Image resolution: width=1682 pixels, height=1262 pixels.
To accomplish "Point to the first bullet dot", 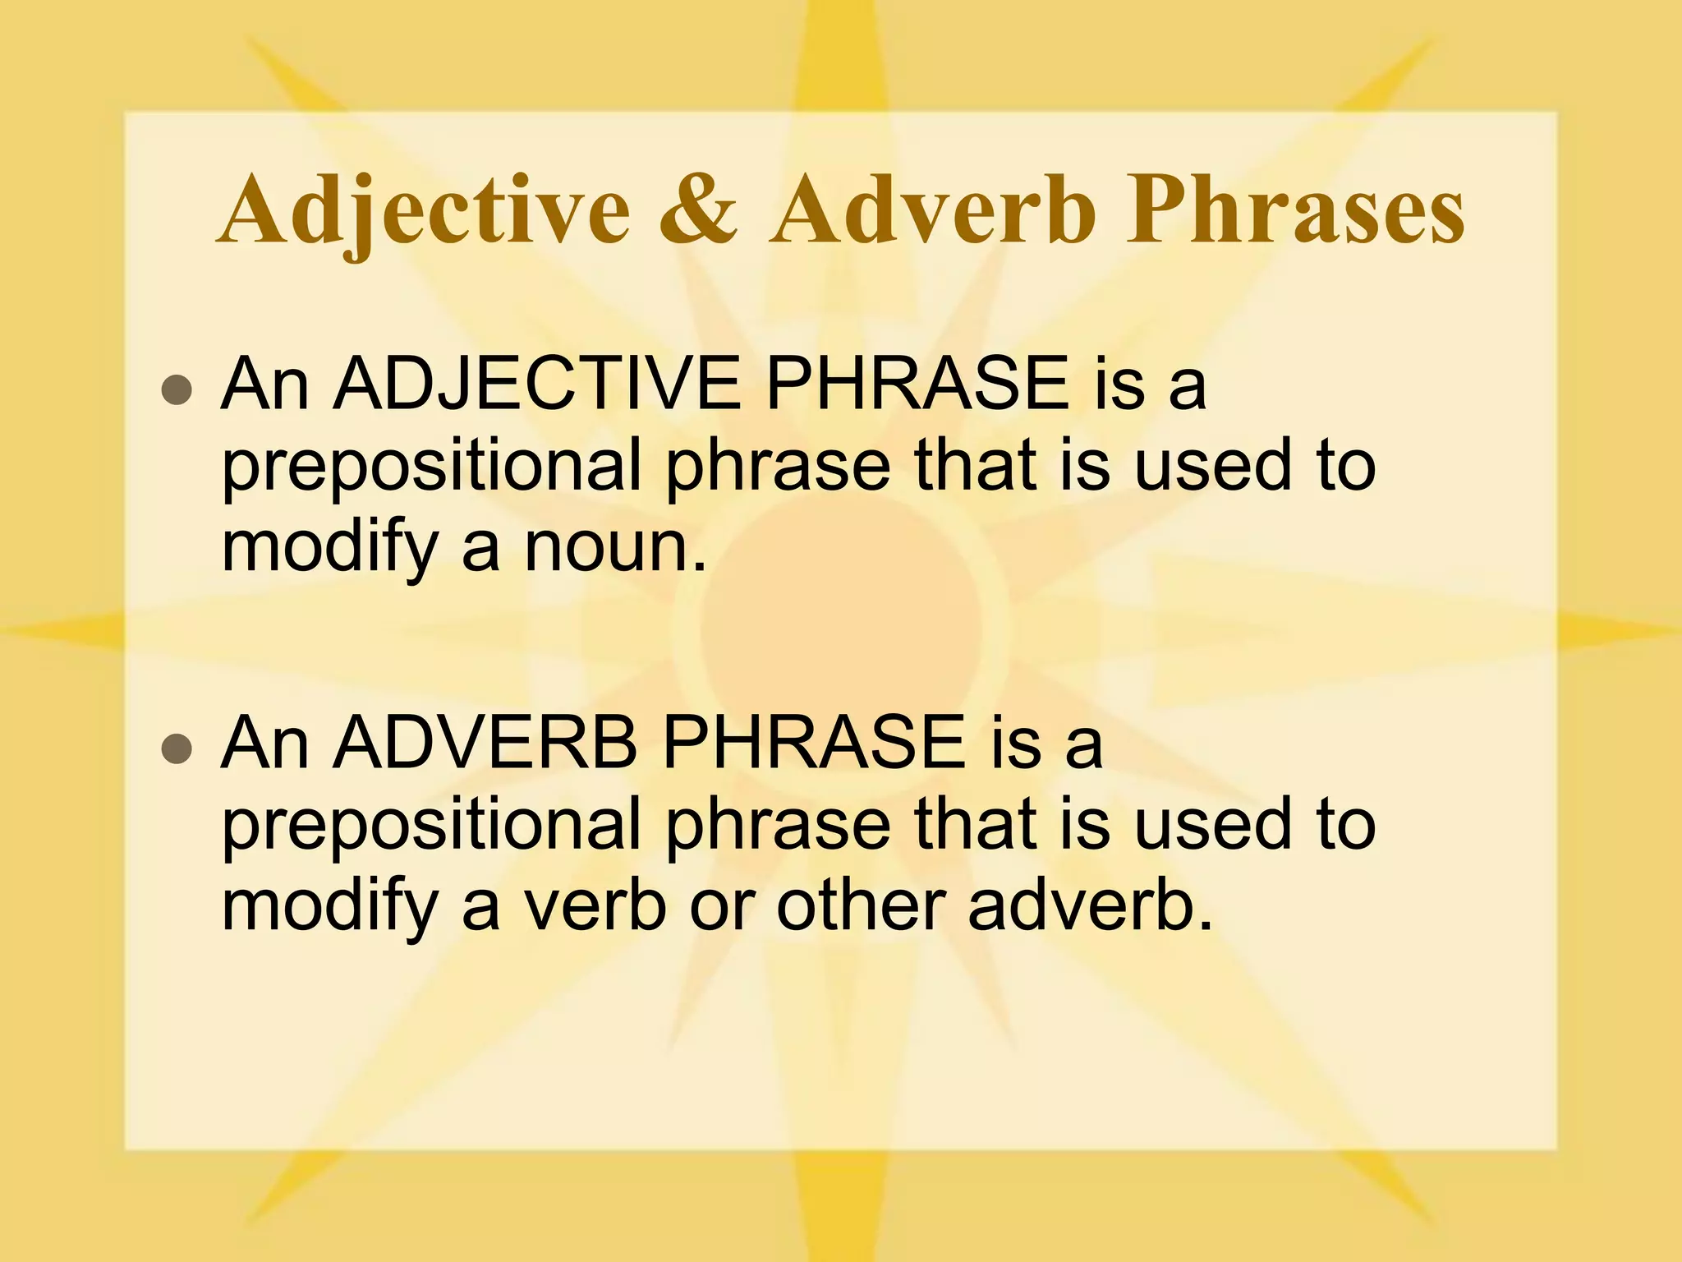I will tap(176, 391).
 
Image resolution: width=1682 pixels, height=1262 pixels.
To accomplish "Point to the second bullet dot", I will tap(176, 749).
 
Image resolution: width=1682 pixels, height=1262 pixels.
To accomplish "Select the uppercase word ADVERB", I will tap(485, 743).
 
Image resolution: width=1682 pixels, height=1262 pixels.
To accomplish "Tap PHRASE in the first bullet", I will tap(917, 385).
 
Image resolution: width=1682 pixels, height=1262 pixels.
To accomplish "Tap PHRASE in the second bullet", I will tap(813, 743).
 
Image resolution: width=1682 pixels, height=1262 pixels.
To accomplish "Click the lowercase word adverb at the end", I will tap(1089, 907).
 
